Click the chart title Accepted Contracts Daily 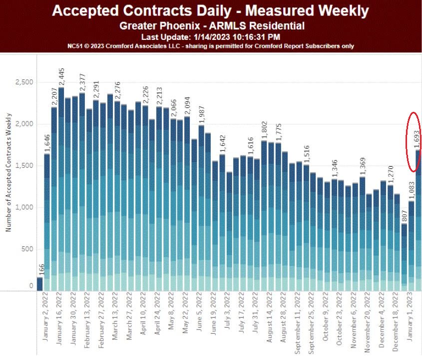pyautogui.click(x=210, y=10)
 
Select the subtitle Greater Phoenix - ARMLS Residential pyautogui.click(x=212, y=26)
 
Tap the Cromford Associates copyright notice pyautogui.click(x=210, y=46)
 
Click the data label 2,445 pyautogui.click(x=61, y=77)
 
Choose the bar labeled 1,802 pyautogui.click(x=264, y=215)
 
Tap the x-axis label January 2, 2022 pyautogui.click(x=45, y=317)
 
